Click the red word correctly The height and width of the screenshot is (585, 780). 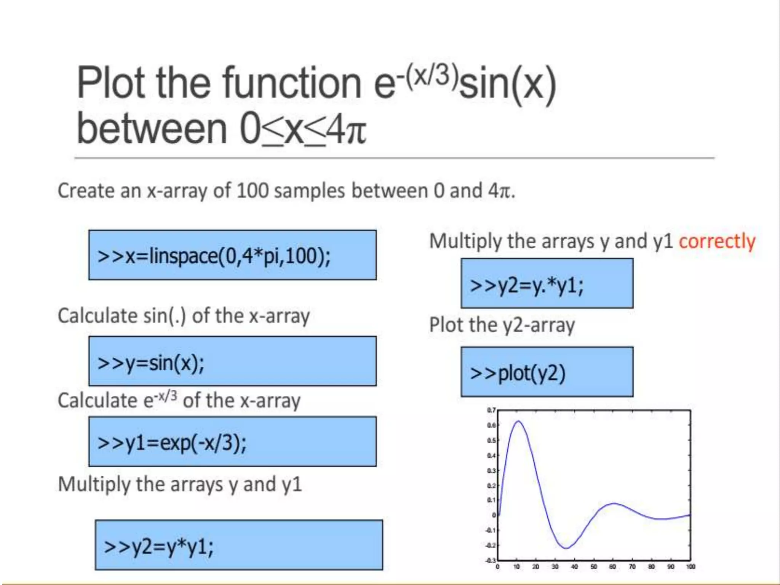(717, 241)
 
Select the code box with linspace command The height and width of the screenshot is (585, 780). (232, 255)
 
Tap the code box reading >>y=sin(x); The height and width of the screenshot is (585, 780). (232, 361)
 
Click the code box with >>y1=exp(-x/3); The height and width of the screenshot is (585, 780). (232, 442)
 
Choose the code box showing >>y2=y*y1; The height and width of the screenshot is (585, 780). (239, 545)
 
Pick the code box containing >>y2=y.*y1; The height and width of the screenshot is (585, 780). (547, 284)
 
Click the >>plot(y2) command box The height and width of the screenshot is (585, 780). (547, 372)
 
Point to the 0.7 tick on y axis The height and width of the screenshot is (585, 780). (491, 411)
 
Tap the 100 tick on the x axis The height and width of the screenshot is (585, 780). (690, 567)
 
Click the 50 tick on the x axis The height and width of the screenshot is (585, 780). (594, 567)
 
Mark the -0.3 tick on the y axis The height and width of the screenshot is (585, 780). (491, 561)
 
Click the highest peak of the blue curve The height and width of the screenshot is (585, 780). (519, 421)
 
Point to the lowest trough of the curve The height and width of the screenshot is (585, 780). (566, 548)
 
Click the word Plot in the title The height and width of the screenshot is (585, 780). (110, 83)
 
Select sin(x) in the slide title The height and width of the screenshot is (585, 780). (508, 85)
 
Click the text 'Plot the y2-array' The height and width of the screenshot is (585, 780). (502, 325)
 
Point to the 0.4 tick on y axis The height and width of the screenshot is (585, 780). (491, 456)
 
